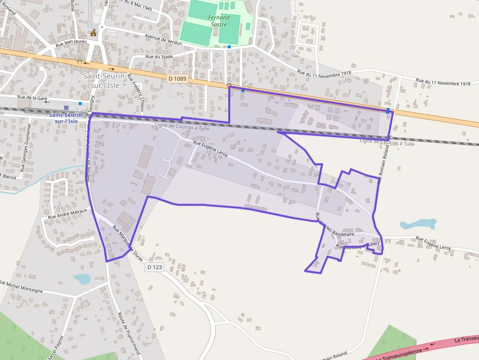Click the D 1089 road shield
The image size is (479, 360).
177,78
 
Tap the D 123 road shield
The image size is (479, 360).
154,267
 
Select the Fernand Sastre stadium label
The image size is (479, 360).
218,21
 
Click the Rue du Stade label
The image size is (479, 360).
159,57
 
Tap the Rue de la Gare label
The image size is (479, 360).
32,98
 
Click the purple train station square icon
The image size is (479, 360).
66,107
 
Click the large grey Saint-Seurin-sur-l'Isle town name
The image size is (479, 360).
105,80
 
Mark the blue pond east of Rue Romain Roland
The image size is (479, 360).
417,224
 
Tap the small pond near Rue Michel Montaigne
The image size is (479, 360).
82,278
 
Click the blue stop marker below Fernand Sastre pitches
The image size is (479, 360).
229,47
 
